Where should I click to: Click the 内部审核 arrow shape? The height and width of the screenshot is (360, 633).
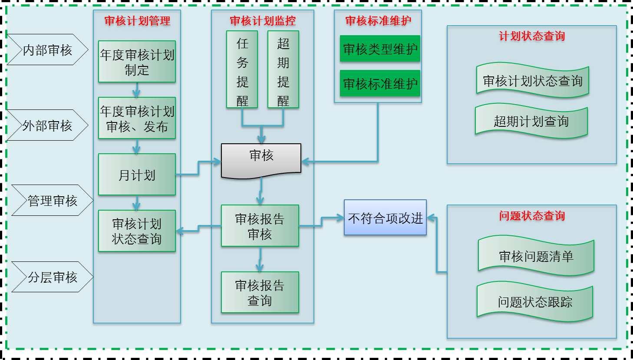click(x=47, y=50)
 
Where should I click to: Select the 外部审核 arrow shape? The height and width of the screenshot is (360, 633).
click(x=47, y=126)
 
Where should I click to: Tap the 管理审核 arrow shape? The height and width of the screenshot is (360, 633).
click(x=52, y=200)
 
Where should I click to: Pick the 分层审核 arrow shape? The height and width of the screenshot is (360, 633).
click(x=52, y=277)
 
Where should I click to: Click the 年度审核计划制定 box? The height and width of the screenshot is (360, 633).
click(x=137, y=62)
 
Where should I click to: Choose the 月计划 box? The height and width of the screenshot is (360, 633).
click(x=137, y=175)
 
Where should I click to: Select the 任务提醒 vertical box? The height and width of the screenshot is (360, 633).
click(x=242, y=69)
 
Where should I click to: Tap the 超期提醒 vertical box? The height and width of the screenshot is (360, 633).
click(x=283, y=69)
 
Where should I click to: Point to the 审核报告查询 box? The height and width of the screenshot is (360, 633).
click(x=260, y=292)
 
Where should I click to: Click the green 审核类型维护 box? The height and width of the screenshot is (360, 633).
click(x=380, y=49)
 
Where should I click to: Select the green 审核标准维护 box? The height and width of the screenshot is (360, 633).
click(x=380, y=83)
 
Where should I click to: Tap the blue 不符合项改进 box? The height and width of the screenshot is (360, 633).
click(x=385, y=218)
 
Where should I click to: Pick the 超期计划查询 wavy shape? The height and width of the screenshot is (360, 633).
click(x=531, y=121)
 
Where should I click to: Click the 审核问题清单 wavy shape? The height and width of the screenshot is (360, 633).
click(x=536, y=256)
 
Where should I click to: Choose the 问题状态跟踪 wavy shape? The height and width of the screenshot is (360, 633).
click(x=535, y=302)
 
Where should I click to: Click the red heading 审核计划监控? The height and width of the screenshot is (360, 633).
click(x=262, y=21)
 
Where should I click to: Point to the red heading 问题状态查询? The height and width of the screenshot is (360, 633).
click(x=531, y=216)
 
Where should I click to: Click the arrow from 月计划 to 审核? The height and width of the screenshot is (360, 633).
click(x=198, y=168)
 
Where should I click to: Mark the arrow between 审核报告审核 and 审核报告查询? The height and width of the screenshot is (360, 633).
click(x=260, y=259)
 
